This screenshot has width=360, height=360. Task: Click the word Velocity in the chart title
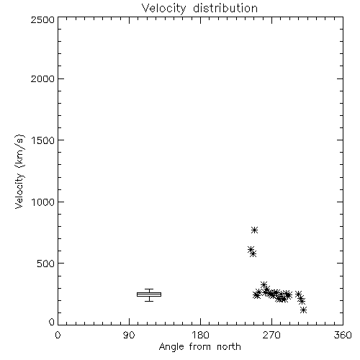[x=164, y=9]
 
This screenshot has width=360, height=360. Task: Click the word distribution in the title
[x=225, y=8]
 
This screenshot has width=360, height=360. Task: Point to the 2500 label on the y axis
[x=42, y=19]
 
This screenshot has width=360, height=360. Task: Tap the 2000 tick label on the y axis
[x=42, y=78]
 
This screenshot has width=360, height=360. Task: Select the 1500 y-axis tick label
[x=43, y=140]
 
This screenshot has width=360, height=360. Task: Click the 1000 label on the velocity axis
[x=43, y=202]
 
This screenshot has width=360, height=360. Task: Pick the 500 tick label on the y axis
[x=46, y=264]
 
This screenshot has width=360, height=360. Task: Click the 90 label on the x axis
[x=129, y=335]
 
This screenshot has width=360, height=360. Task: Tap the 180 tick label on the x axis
[x=200, y=335]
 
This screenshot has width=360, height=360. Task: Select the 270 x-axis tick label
[x=271, y=335]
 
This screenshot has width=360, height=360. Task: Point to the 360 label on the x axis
[x=343, y=335]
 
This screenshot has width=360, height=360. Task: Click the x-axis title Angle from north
[x=200, y=347]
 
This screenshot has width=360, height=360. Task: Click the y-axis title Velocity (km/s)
[x=19, y=171]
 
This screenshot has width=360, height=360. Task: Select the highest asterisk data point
[x=254, y=230]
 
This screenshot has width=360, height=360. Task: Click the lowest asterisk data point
[x=303, y=310]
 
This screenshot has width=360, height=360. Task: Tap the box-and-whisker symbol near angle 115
[x=149, y=294]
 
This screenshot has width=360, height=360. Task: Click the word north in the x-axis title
[x=229, y=347]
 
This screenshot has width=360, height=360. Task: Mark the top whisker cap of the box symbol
[x=149, y=289]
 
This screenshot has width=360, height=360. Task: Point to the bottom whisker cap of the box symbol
[x=149, y=301]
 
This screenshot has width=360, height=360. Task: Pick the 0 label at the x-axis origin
[x=58, y=335]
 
